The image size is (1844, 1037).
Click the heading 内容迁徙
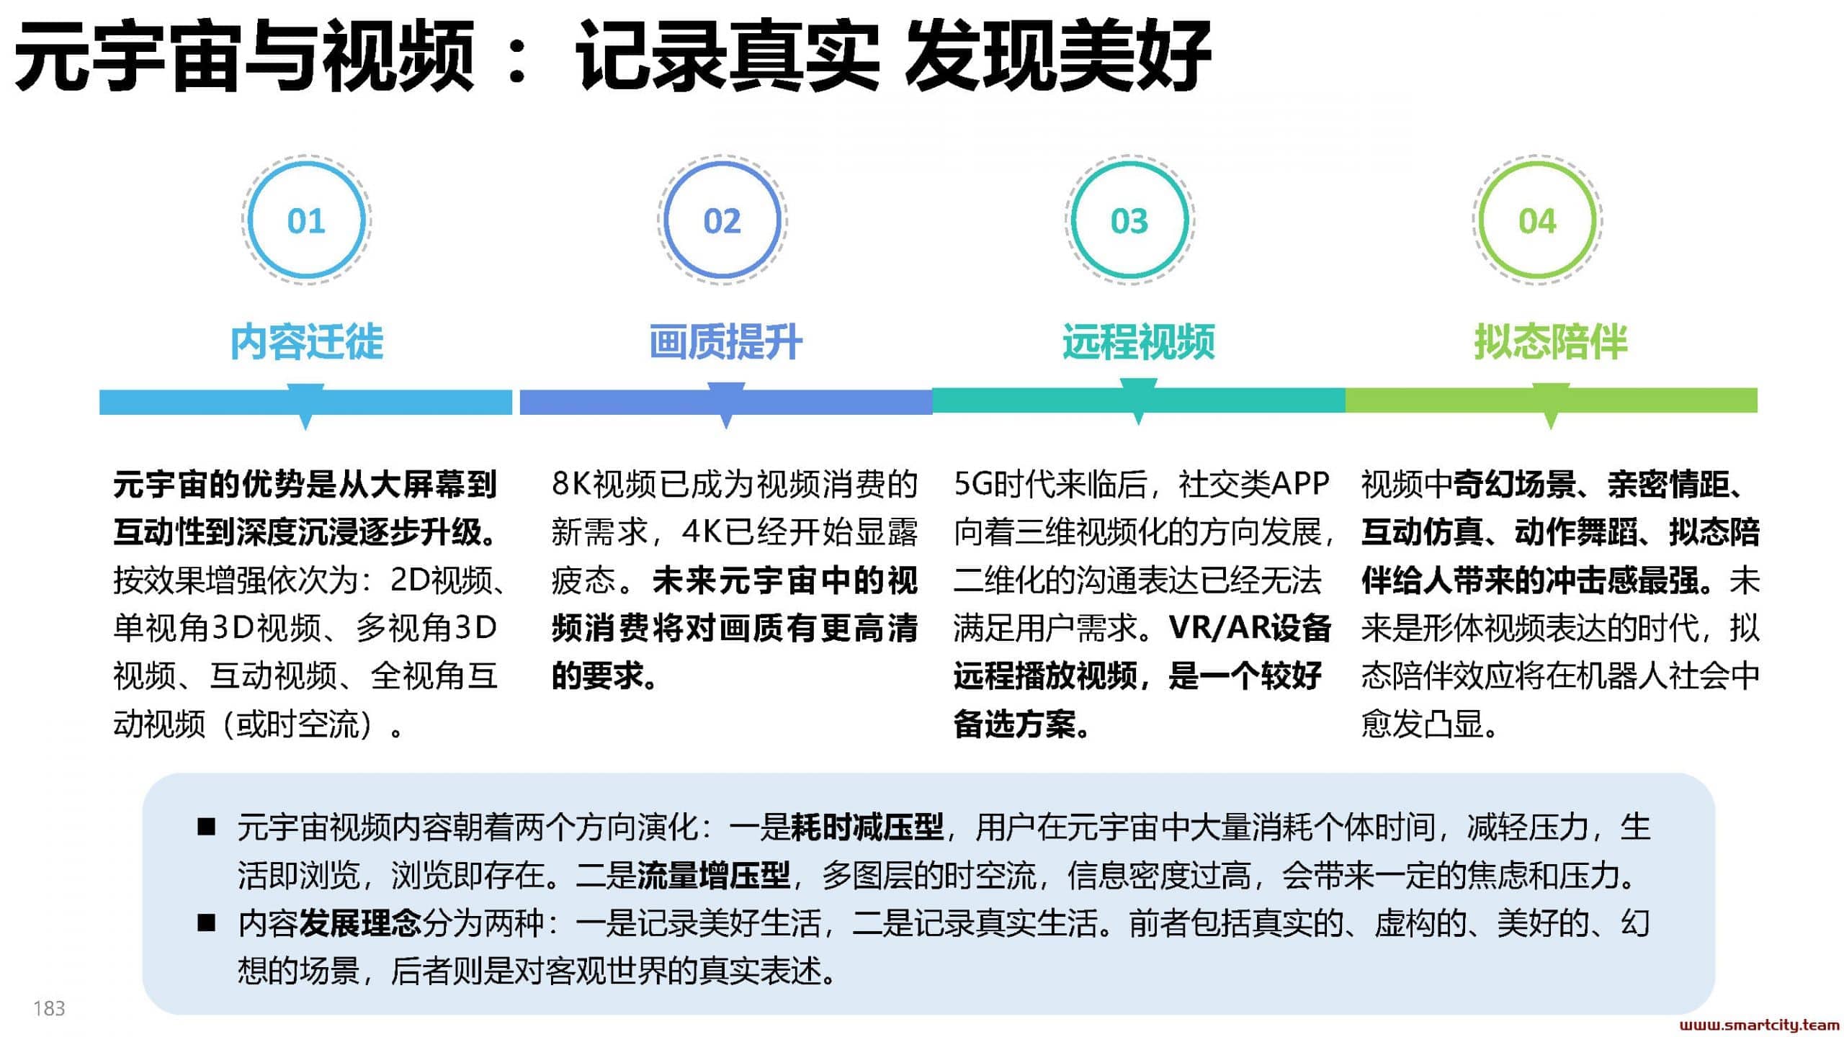307,341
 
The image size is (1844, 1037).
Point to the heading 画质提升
725,341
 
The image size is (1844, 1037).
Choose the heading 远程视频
1138,341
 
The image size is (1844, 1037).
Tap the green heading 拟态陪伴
1550,341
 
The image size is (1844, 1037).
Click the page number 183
49,1008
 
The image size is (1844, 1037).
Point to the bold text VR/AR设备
1250,628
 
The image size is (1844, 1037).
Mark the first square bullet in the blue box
207,826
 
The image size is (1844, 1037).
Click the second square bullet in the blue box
207,922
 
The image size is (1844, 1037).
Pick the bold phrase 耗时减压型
867,827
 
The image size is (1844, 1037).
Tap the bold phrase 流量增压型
714,875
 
